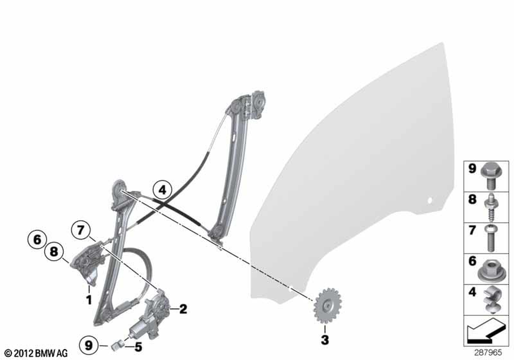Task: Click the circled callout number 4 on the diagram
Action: pyautogui.click(x=162, y=189)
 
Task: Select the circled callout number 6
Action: pyautogui.click(x=36, y=239)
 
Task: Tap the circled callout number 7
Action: pyautogui.click(x=81, y=230)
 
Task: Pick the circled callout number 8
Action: pyautogui.click(x=54, y=252)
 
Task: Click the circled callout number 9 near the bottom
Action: pyautogui.click(x=89, y=345)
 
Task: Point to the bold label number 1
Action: pyautogui.click(x=89, y=299)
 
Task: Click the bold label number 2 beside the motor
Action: pyautogui.click(x=183, y=309)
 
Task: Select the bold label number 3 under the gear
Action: pyautogui.click(x=324, y=339)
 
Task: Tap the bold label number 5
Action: pyautogui.click(x=138, y=347)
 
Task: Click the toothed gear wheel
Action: pyautogui.click(x=327, y=306)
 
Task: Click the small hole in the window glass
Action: pyautogui.click(x=430, y=200)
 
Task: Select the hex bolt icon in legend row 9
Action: pyautogui.click(x=489, y=177)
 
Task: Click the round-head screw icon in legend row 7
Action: pyautogui.click(x=491, y=238)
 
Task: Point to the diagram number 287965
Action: pyautogui.click(x=488, y=353)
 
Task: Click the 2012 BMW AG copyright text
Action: pyautogui.click(x=36, y=353)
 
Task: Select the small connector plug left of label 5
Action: pyautogui.click(x=117, y=345)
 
